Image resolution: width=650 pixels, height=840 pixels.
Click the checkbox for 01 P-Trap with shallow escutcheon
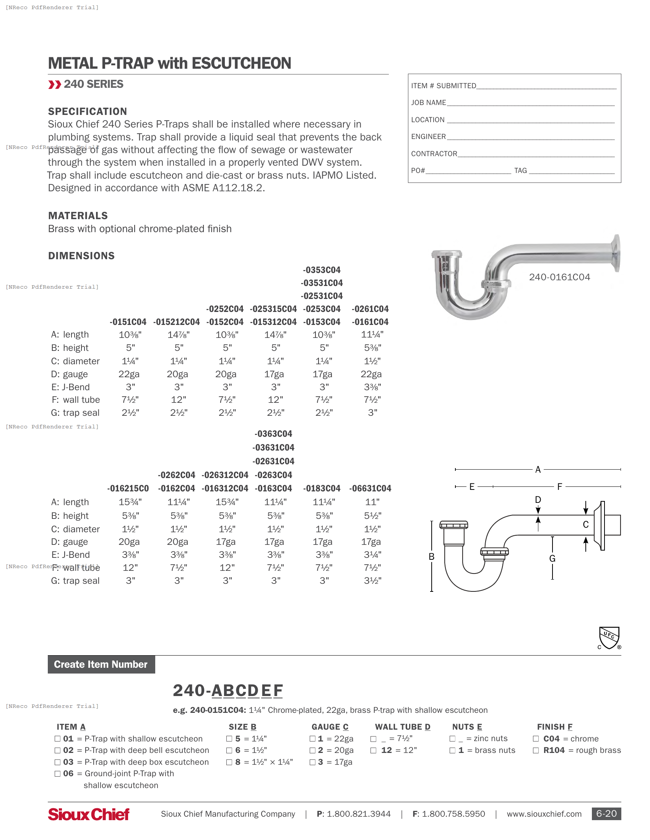(57, 738)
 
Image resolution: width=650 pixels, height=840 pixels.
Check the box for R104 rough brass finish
(536, 750)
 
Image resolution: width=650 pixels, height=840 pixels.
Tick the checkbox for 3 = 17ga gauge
(313, 762)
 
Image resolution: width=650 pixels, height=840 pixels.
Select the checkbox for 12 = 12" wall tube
(373, 750)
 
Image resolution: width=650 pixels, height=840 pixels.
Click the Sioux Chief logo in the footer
(89, 814)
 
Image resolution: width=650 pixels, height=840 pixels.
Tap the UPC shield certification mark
(609, 638)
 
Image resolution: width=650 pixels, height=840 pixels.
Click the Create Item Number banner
(101, 664)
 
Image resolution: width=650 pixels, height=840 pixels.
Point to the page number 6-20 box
(606, 813)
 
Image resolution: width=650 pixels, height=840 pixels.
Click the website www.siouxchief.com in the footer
(544, 814)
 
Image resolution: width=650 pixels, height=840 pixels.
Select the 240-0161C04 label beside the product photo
(559, 277)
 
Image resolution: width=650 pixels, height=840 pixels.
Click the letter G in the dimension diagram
(552, 558)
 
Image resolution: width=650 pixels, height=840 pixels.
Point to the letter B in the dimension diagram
(432, 557)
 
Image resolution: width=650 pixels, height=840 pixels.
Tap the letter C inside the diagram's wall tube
(586, 525)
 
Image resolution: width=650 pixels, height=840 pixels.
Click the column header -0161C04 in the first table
(370, 322)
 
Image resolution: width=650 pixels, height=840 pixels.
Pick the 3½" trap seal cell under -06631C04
(372, 580)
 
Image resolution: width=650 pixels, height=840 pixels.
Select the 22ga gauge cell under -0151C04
(129, 374)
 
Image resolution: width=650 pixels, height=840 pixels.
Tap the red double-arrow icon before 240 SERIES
(55, 84)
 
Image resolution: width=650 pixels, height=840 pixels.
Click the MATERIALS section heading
(78, 215)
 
